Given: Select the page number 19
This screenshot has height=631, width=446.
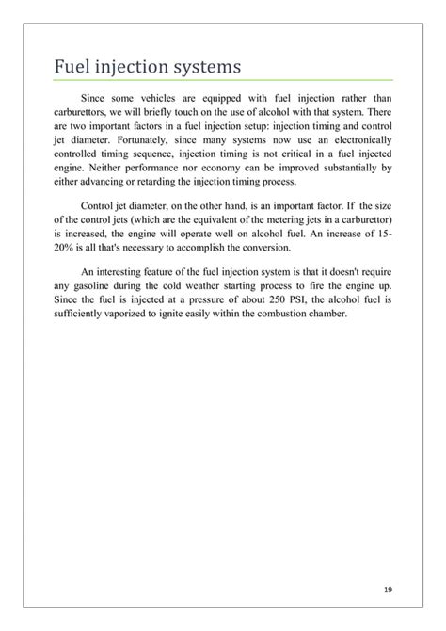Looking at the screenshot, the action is point(389,590).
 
